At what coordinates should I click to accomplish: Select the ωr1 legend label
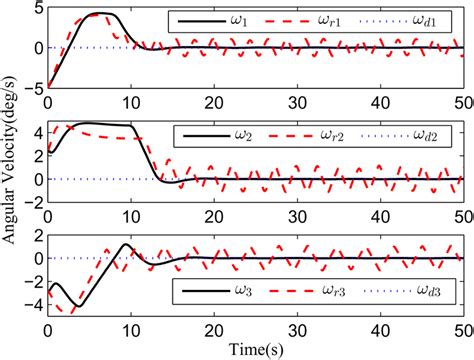330,20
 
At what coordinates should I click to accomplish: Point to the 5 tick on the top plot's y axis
37,9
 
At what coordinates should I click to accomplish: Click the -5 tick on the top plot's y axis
33,87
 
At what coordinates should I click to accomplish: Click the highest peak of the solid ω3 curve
125,244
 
